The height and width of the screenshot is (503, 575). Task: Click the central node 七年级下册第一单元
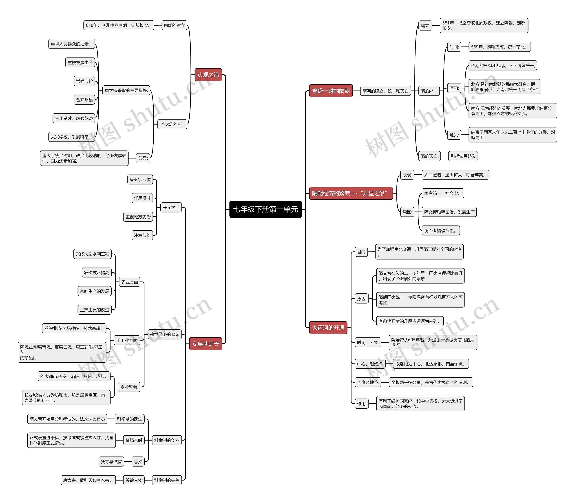(x=265, y=209)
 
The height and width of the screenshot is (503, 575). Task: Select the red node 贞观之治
(x=208, y=75)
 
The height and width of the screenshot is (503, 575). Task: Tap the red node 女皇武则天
(x=206, y=344)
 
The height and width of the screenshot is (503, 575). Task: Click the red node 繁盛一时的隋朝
(x=331, y=91)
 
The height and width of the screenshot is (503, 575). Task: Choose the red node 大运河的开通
(x=328, y=328)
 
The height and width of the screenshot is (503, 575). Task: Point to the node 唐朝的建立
(x=174, y=25)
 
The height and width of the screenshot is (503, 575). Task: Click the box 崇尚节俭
(x=84, y=81)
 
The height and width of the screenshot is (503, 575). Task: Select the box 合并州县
(x=84, y=100)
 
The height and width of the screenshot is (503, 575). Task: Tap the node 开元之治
(x=171, y=207)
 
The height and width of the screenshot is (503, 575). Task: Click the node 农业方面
(x=129, y=282)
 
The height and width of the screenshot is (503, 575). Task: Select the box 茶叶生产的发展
(x=94, y=291)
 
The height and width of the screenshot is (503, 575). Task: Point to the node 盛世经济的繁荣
(x=164, y=334)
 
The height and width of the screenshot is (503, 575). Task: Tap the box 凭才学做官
(x=111, y=461)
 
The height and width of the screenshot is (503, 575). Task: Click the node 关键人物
(x=134, y=480)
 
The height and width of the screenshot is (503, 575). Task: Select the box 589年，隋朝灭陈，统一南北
(x=499, y=47)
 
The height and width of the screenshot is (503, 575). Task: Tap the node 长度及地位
(x=368, y=382)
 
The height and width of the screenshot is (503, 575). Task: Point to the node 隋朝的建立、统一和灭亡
(x=385, y=91)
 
